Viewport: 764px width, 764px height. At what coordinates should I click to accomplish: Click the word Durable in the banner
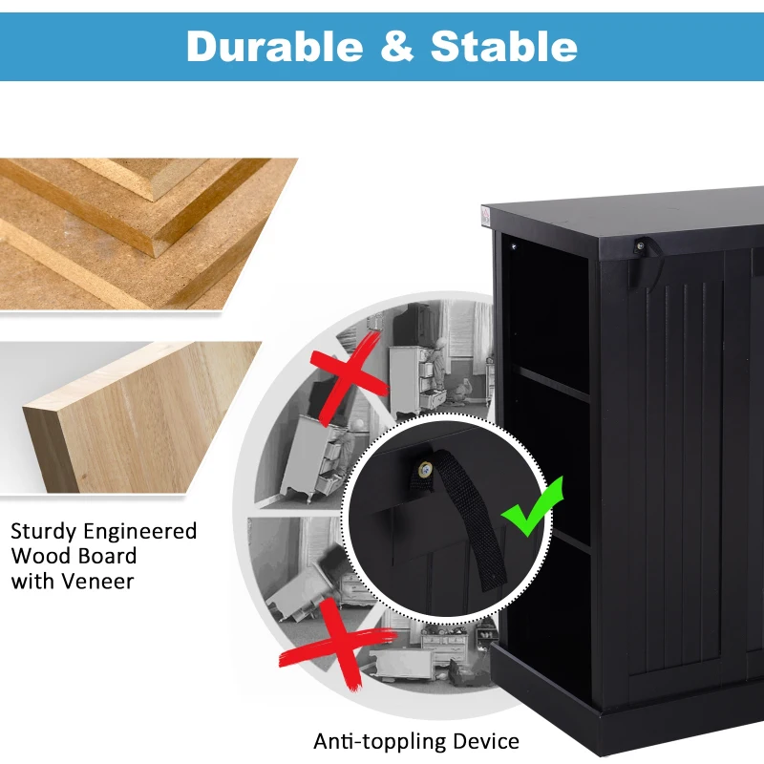[275, 46]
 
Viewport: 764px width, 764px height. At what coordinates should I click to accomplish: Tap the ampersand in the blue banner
[396, 46]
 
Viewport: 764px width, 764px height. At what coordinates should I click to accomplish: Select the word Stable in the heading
[504, 46]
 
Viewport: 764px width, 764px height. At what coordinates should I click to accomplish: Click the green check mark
[533, 507]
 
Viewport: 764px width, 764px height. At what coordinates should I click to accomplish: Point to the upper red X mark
[349, 376]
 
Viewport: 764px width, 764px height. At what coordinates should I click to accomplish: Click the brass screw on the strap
[426, 470]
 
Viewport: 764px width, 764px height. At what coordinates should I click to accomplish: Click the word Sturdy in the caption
[43, 532]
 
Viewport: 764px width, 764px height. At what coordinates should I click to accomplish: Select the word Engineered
[139, 532]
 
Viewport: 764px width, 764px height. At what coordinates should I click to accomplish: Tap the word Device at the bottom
[486, 741]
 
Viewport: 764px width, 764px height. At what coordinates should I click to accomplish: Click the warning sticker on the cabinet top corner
[485, 216]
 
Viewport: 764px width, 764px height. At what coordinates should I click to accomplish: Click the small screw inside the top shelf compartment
[514, 247]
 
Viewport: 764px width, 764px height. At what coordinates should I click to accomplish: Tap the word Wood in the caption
[40, 557]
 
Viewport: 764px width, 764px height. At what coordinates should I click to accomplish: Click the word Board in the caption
[107, 557]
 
